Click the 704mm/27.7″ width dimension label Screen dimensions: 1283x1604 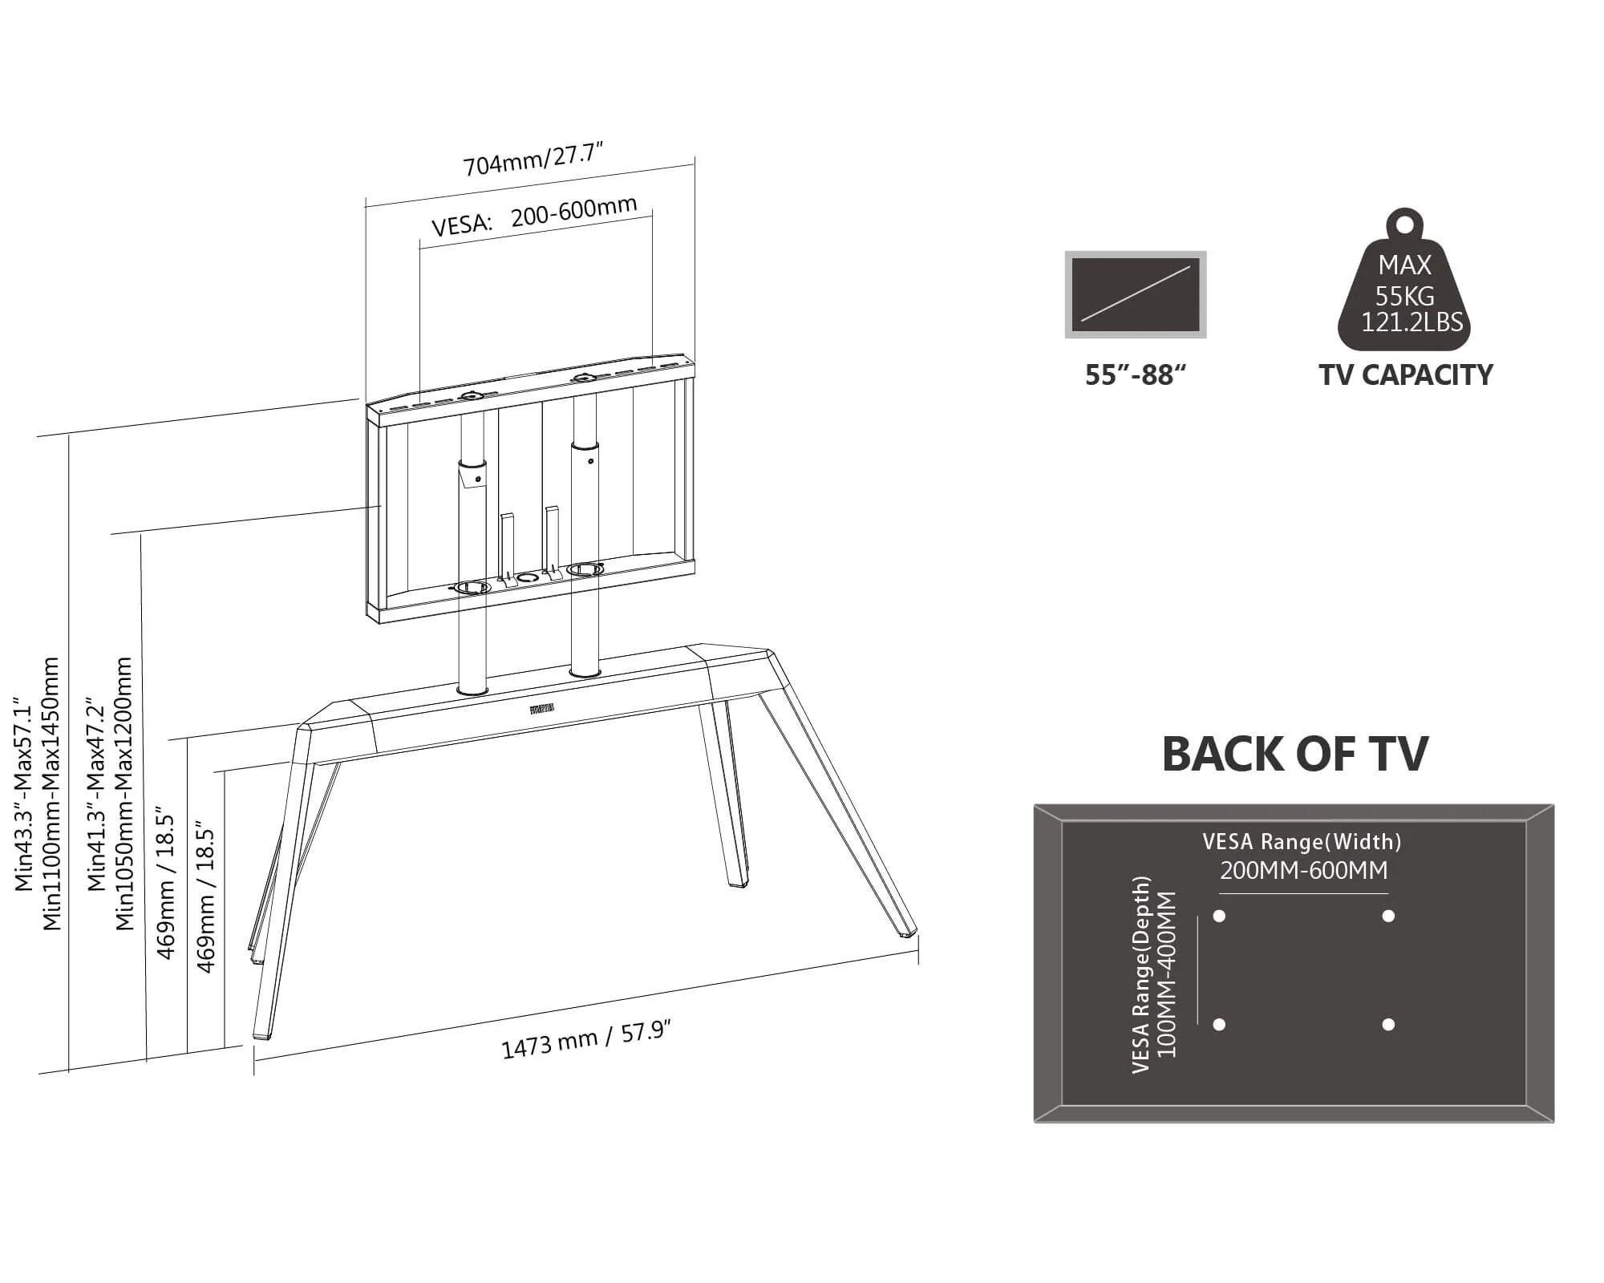533,158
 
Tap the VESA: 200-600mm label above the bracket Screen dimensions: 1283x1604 534,216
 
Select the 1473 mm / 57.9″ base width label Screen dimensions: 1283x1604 585,1039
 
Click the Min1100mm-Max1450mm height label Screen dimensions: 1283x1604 51,794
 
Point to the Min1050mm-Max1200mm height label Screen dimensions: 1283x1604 124,794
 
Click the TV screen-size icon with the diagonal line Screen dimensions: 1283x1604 1136,294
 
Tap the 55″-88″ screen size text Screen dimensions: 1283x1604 1135,375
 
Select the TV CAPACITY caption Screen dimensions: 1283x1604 1406,375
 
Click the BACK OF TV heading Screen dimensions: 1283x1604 1294,755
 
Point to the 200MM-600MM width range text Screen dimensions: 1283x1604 1303,870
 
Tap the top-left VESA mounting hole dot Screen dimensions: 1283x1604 1219,916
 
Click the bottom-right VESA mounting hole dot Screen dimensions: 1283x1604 1388,1025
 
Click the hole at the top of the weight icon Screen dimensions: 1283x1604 1403,224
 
